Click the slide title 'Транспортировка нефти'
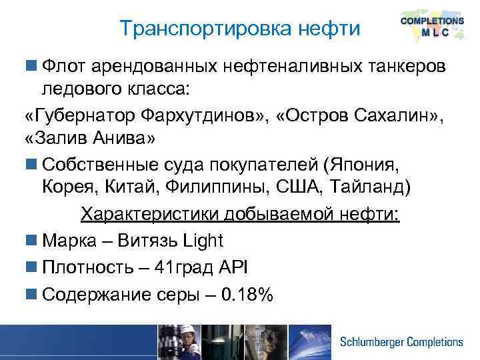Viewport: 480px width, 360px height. (x=239, y=29)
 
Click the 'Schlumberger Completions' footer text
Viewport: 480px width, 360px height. (x=401, y=342)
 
